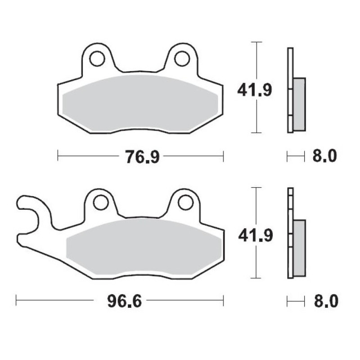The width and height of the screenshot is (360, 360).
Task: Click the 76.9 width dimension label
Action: [142, 157]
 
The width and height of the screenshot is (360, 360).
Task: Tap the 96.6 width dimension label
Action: [125, 301]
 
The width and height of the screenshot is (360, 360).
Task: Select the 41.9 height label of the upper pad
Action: [254, 90]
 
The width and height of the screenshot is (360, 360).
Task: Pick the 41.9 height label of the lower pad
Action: [255, 235]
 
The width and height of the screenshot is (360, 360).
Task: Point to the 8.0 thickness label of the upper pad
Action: [324, 156]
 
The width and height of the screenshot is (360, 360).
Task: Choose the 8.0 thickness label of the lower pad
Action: [326, 301]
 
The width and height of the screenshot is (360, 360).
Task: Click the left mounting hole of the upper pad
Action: [97, 59]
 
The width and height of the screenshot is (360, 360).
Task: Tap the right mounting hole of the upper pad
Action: [182, 59]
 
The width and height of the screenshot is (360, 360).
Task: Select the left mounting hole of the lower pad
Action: [101, 202]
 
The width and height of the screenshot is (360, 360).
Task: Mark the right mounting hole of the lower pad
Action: [185, 202]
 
